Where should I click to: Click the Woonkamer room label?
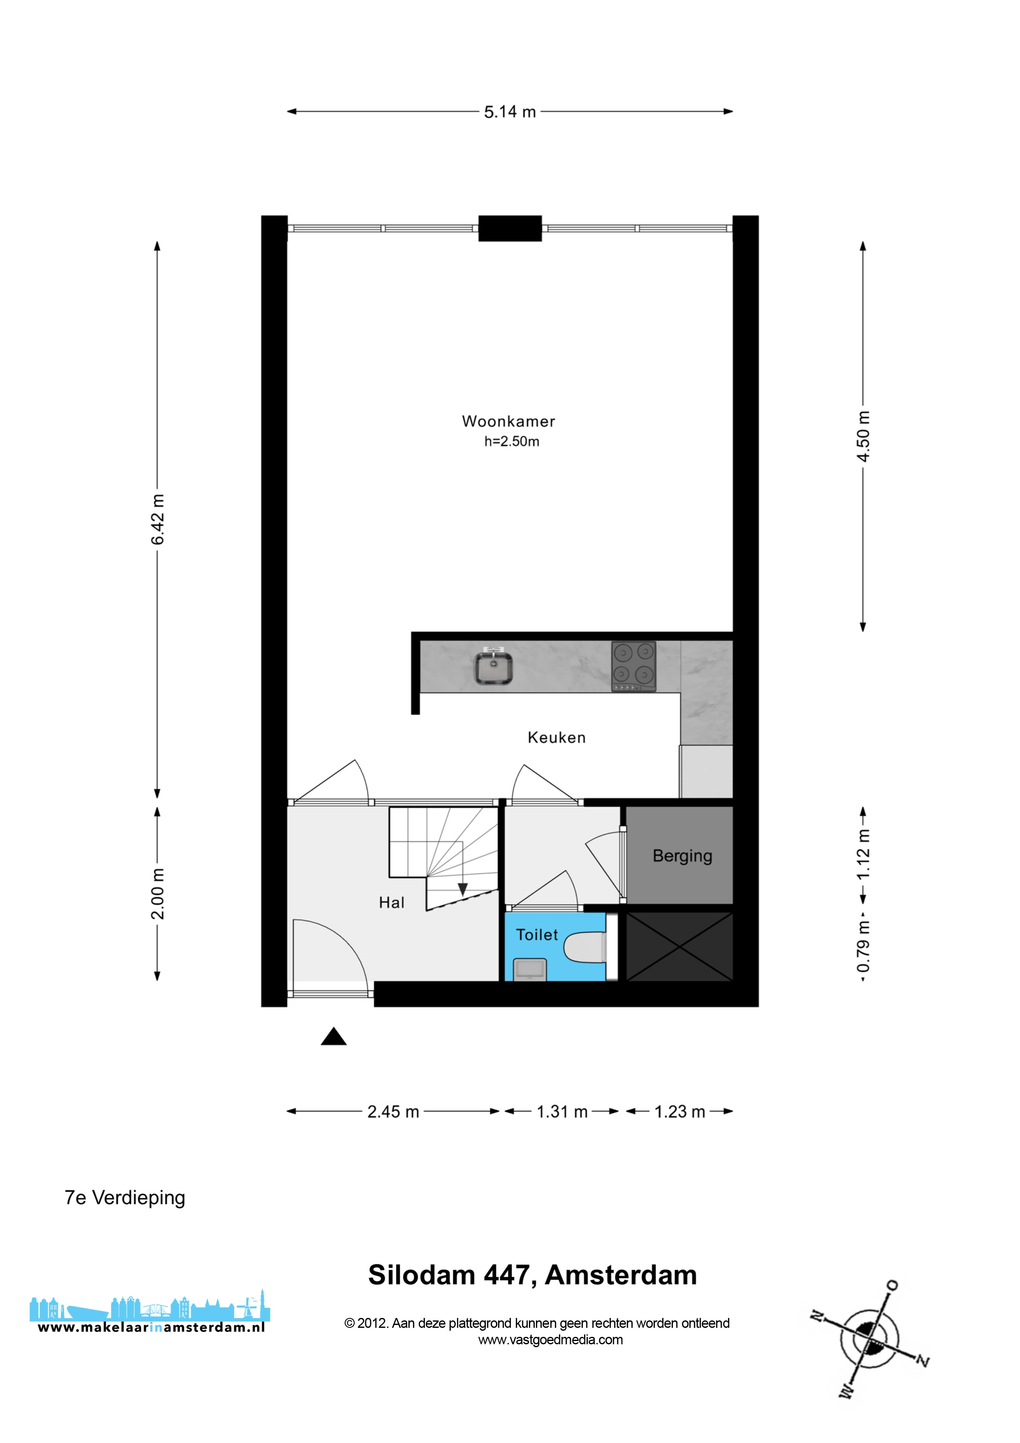(508, 421)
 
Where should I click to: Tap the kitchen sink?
(494, 666)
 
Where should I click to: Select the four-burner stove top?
(633, 666)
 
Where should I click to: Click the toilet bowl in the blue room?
(586, 947)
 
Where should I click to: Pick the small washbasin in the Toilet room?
(530, 969)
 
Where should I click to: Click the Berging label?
(682, 856)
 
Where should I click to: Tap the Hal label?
(392, 902)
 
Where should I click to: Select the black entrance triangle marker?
(334, 1036)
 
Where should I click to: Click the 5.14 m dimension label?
(510, 112)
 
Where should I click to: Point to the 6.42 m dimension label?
(158, 519)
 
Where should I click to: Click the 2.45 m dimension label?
(393, 1112)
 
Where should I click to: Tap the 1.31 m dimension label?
(562, 1112)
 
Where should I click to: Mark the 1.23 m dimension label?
(679, 1112)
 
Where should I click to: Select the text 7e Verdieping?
(125, 1198)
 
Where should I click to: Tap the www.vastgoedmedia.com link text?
(551, 1339)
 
